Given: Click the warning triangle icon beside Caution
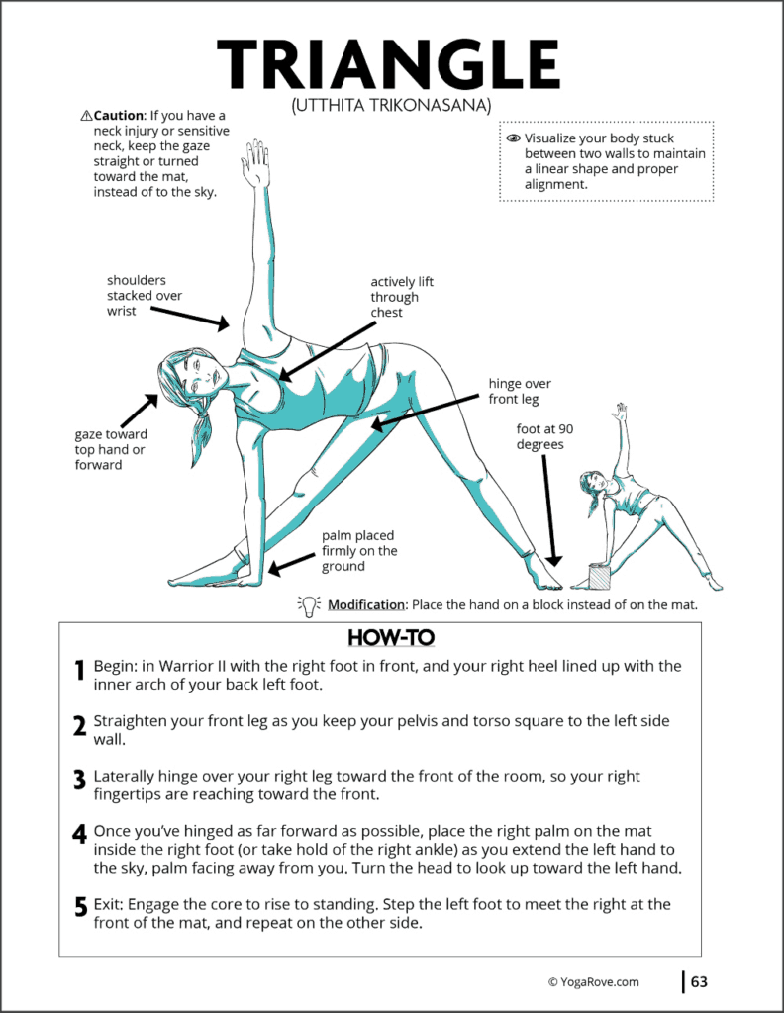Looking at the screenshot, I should coord(86,116).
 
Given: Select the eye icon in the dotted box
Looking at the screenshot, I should coord(513,138).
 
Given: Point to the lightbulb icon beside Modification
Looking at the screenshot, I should coord(308,604).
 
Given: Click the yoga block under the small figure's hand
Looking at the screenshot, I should coord(599,577).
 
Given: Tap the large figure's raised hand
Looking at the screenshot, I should coord(256,164).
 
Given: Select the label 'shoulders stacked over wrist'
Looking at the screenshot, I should coord(145,296).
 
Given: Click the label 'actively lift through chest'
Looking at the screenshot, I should coord(402,297).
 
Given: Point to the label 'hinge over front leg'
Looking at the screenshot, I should coord(520,391).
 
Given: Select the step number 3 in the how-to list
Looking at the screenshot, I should coord(79,780).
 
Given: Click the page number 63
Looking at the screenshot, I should coord(699,982).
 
